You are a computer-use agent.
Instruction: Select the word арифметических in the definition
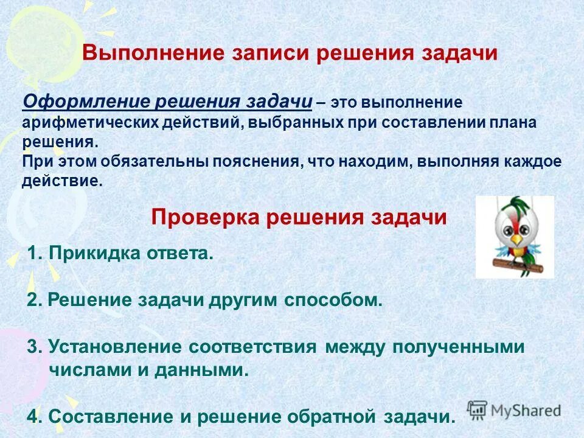tap(91, 122)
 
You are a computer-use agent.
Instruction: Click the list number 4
tap(33, 417)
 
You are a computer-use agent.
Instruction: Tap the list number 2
tap(33, 300)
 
